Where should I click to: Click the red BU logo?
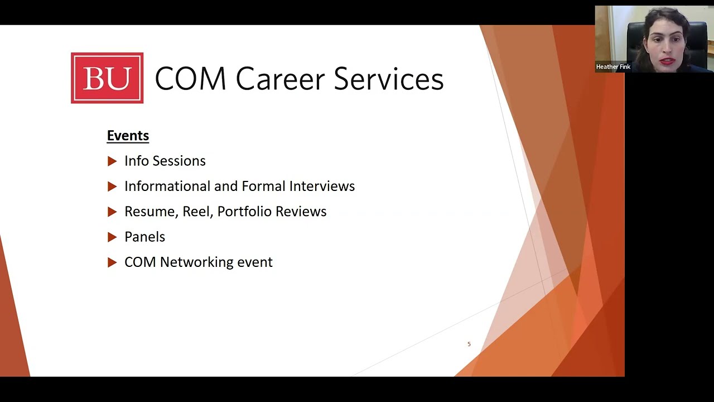107,78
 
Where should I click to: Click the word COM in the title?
190,79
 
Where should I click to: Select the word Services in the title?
389,79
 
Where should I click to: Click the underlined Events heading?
128,136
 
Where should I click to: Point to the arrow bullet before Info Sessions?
112,161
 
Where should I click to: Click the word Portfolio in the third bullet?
242,212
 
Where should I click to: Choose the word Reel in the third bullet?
197,212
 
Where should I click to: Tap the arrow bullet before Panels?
112,237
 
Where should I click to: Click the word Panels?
144,237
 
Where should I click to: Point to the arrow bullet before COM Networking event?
112,262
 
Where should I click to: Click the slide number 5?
469,344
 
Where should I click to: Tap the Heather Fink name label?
613,67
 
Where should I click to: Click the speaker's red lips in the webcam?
667,61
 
